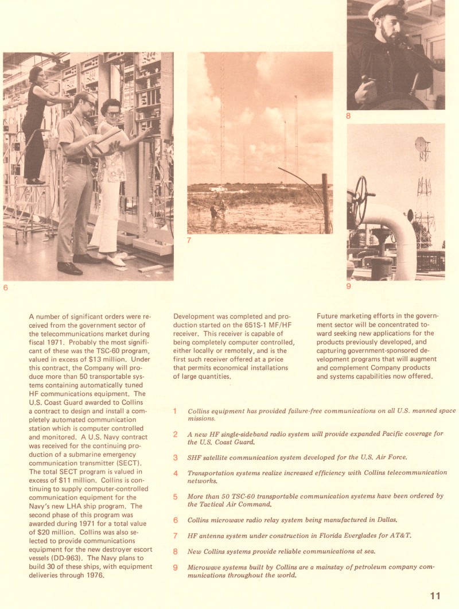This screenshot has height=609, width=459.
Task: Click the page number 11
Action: pos(435,595)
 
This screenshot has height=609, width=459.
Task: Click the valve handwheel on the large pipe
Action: pos(360,201)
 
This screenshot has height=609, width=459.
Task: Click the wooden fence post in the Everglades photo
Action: pos(326,204)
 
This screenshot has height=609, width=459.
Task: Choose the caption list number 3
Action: pos(176,457)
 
